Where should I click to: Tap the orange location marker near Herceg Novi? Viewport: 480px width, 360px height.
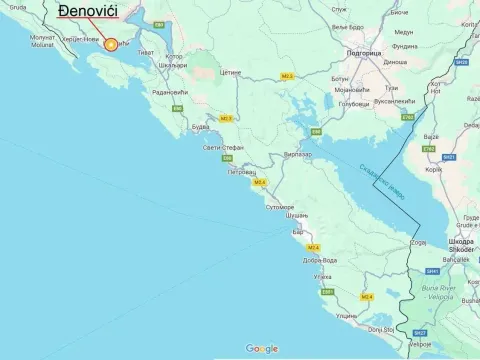pos(111,44)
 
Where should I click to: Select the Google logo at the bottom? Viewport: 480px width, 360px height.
pos(262,348)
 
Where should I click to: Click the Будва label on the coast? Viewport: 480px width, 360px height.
pos(200,127)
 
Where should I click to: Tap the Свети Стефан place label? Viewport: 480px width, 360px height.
pos(223,147)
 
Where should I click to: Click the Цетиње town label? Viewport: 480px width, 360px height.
pos(231,73)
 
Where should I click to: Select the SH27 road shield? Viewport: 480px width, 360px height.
pos(420,331)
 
